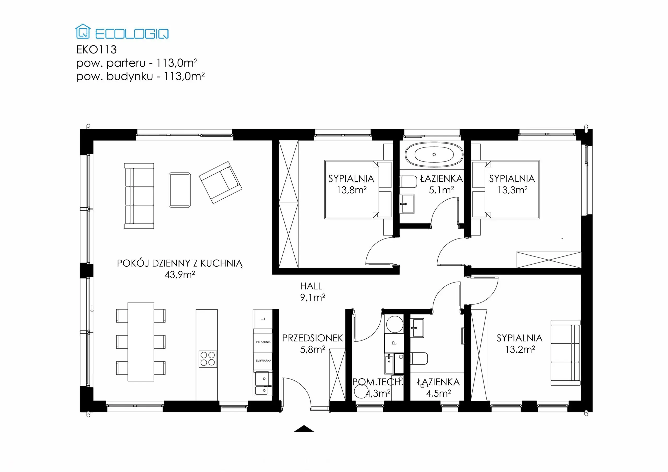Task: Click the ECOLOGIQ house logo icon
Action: click(x=83, y=31)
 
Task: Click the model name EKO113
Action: click(x=96, y=50)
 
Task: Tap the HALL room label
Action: click(x=311, y=286)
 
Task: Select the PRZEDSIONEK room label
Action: click(x=312, y=338)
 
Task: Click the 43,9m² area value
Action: click(x=180, y=274)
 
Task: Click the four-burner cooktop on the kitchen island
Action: click(x=208, y=359)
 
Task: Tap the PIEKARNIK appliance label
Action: click(x=263, y=342)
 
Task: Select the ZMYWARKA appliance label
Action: click(x=263, y=361)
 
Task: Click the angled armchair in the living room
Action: click(x=220, y=182)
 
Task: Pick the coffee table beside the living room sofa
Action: click(x=180, y=190)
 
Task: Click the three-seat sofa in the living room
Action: click(x=139, y=196)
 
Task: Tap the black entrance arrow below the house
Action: click(x=304, y=429)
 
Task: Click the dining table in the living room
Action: click(x=141, y=342)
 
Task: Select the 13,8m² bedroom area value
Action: click(x=351, y=190)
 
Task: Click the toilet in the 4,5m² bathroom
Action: click(x=419, y=359)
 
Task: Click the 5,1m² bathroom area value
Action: click(x=441, y=190)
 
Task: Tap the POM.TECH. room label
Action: click(x=377, y=382)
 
